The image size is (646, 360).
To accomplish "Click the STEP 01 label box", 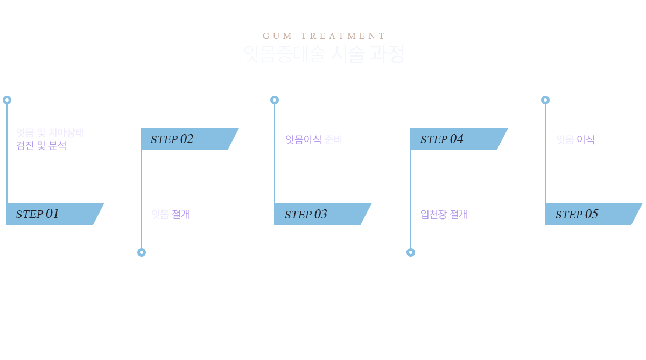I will click(55, 214).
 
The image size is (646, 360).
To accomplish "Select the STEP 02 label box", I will click(189, 139).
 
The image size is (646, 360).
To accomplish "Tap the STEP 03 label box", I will click(322, 214).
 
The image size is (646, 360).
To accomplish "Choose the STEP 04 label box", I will click(459, 139).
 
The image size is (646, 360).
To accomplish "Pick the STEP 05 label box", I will click(593, 214).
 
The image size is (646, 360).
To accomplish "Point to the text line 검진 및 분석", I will click(41, 146).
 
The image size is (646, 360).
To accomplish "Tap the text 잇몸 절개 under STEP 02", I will click(170, 215).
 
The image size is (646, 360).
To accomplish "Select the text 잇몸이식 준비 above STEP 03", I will click(313, 140).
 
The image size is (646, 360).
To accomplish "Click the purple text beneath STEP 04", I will click(444, 215).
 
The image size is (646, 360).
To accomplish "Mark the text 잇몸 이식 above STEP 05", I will click(575, 140).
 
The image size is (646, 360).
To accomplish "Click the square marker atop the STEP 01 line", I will click(7, 100).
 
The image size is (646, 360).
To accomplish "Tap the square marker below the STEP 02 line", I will click(141, 251).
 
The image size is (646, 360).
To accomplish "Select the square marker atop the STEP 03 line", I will click(274, 100).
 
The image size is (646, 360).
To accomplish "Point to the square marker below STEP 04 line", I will click(410, 251).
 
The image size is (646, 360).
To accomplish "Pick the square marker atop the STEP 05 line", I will click(545, 100).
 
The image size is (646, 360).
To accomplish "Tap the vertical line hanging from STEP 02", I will click(142, 199).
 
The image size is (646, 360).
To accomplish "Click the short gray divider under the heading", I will click(324, 74).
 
